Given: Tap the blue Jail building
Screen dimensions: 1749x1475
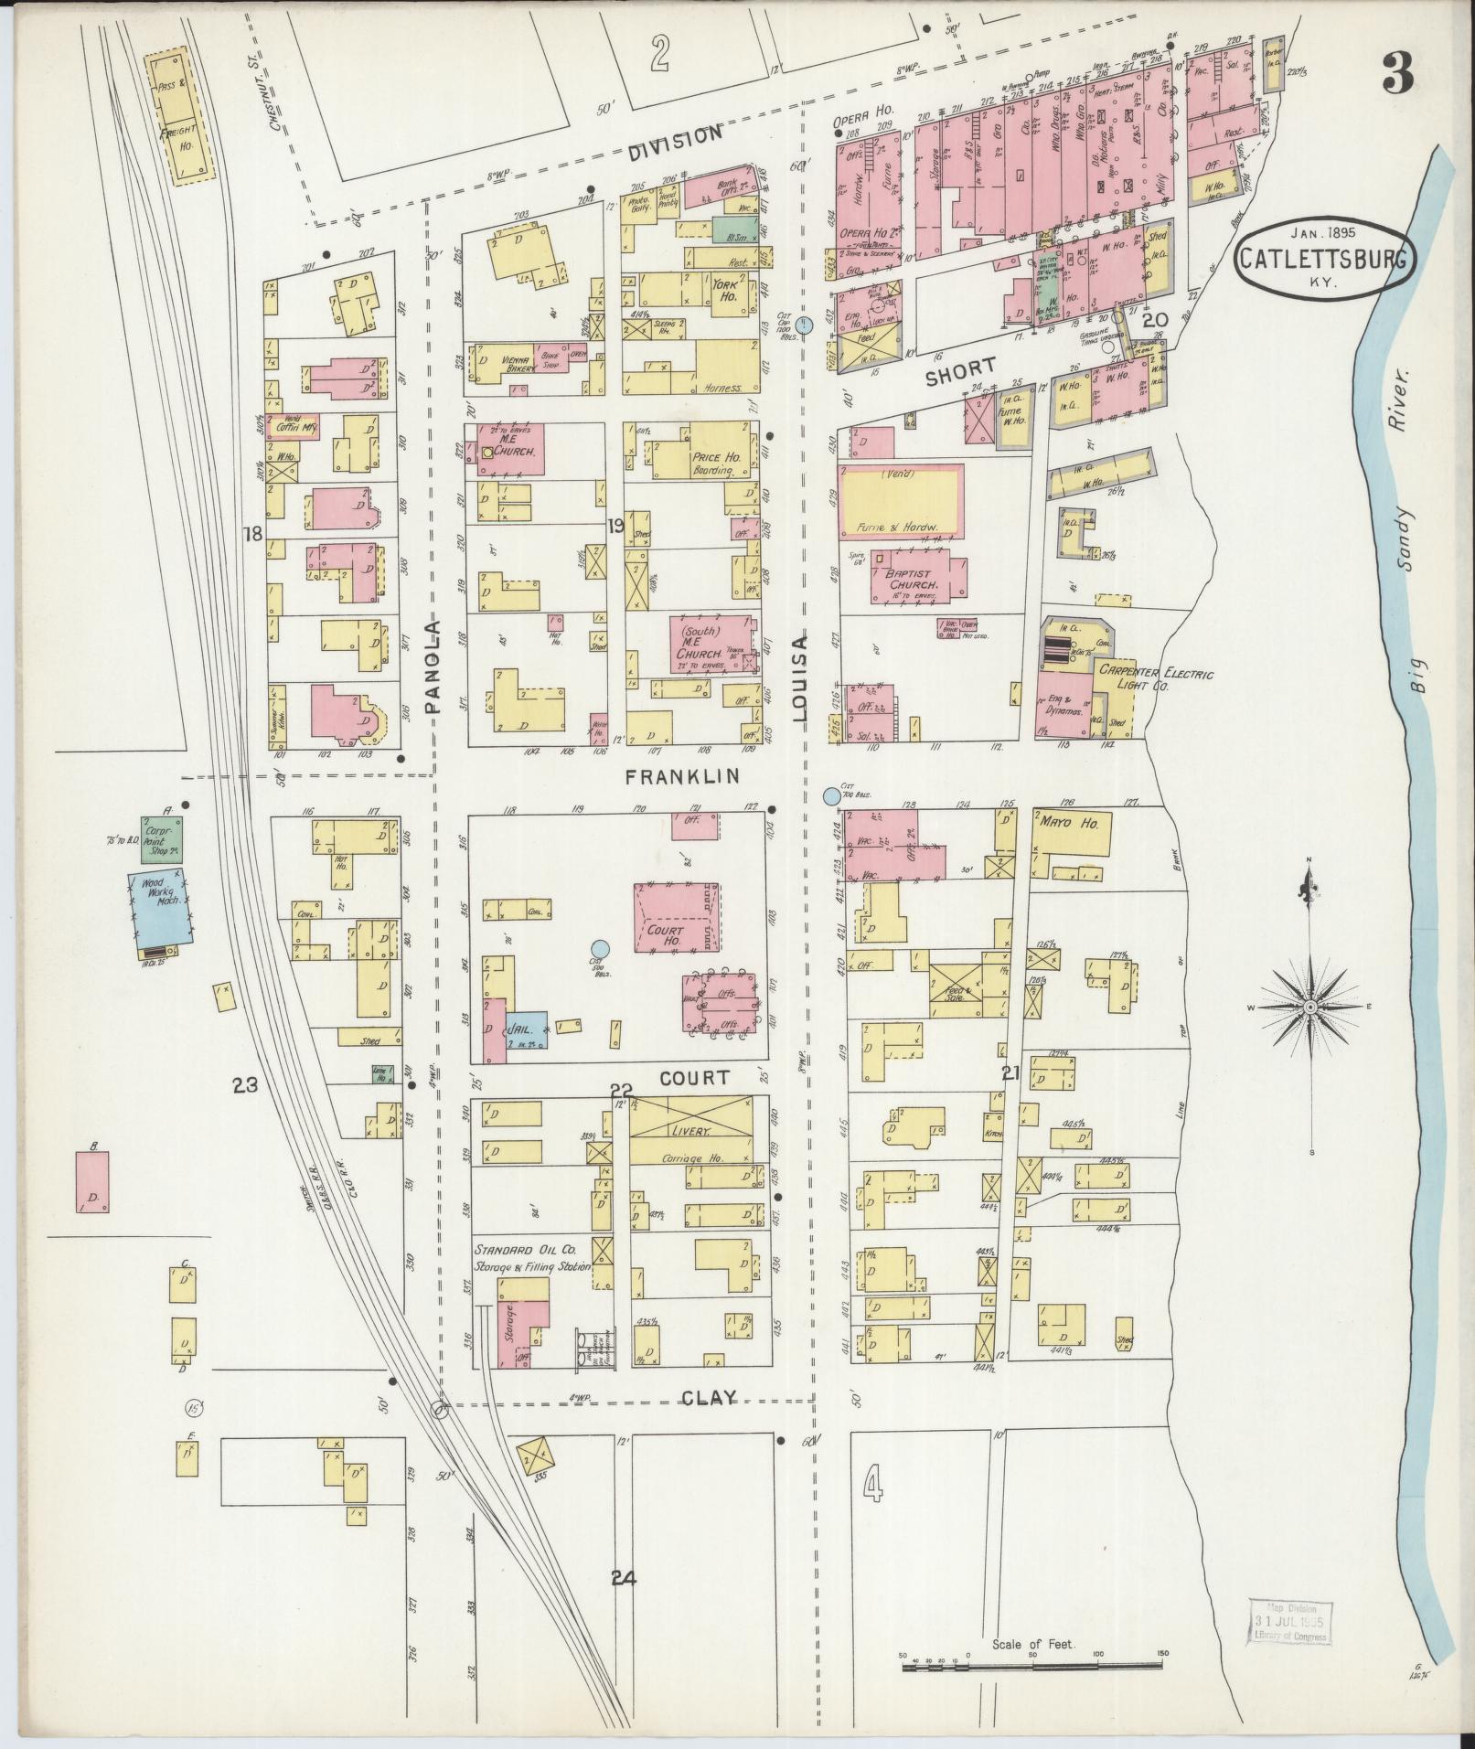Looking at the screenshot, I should pyautogui.click(x=526, y=1029).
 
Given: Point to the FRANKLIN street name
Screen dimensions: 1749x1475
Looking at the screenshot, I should pyautogui.click(x=683, y=777).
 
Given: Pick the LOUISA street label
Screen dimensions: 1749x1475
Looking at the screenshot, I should pyautogui.click(x=802, y=681).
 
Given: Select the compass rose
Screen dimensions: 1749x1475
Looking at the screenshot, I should pyautogui.click(x=1309, y=1006).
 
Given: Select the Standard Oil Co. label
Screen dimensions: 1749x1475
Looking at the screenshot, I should pyautogui.click(x=523, y=1249).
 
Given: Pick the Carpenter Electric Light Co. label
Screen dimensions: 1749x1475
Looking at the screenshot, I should pyautogui.click(x=1155, y=680).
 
